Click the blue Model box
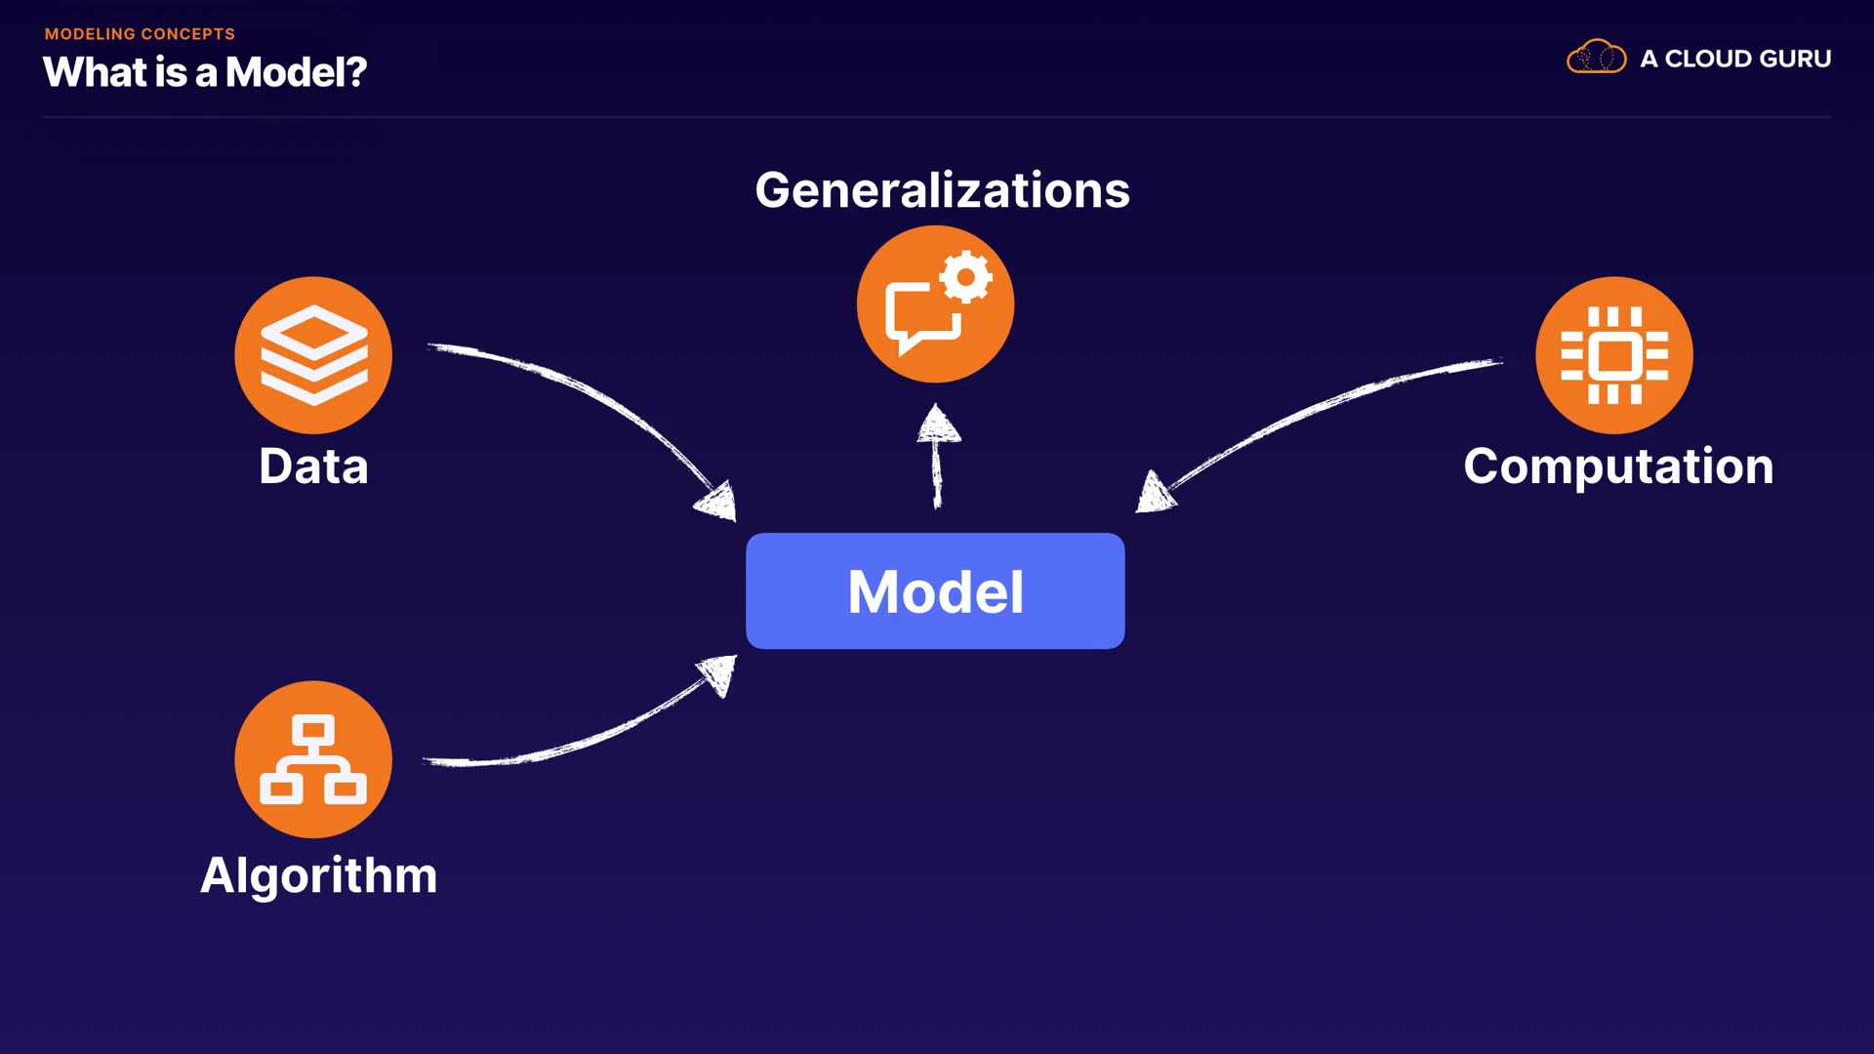point(935,590)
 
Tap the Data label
point(313,466)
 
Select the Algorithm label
point(318,874)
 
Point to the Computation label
point(1617,466)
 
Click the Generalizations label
point(942,189)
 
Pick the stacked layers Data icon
point(313,355)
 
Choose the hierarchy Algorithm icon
point(313,759)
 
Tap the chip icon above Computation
point(1613,355)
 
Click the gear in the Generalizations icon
point(966,278)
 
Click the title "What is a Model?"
point(204,72)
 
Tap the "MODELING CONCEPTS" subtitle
point(140,34)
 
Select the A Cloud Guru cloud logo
point(1596,58)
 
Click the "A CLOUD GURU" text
point(1734,59)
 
